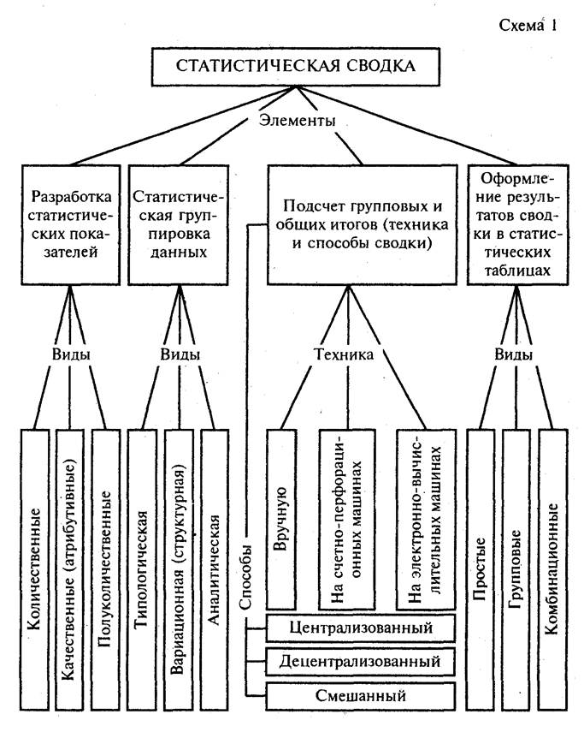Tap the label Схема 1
(528, 24)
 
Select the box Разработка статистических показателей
(68, 223)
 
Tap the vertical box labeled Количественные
(34, 569)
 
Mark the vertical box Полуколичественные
(106, 569)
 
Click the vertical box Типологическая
(144, 569)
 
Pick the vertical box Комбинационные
(554, 569)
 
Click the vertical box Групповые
(517, 569)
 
